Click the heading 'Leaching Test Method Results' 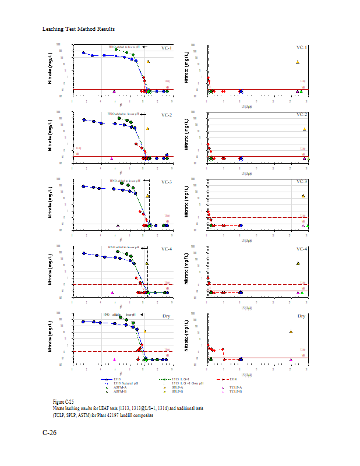coord(78,29)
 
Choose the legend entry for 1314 coord(231,379)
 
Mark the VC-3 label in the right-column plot coord(301,182)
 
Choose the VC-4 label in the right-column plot coord(301,249)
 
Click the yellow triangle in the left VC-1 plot coord(148,61)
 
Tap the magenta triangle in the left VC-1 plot coord(114,91)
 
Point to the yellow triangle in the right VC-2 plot coord(304,129)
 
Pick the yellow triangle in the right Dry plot coord(291,331)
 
